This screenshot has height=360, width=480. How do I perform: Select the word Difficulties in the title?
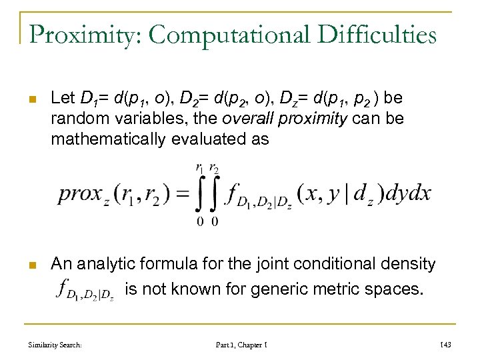pyautogui.click(x=373, y=34)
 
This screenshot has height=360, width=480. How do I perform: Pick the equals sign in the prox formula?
pyautogui.click(x=181, y=194)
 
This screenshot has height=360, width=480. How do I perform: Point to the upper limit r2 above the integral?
pyautogui.click(x=215, y=169)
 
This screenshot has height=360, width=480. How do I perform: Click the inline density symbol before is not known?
pyautogui.click(x=87, y=290)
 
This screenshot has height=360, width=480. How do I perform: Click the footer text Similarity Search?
pyautogui.click(x=55, y=344)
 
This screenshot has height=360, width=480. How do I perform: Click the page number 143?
pyautogui.click(x=445, y=344)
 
